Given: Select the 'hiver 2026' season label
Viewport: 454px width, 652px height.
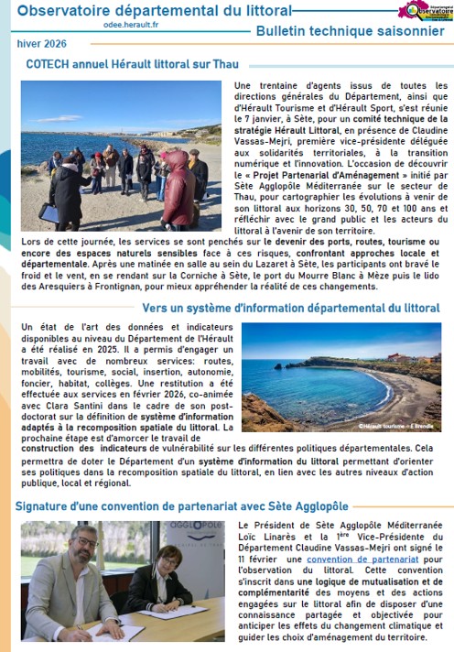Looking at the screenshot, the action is pos(41,44).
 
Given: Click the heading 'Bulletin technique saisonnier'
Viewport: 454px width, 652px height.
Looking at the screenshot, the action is pos(350,31).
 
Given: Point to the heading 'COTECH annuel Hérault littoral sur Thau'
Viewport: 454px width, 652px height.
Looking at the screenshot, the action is pos(133,63).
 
